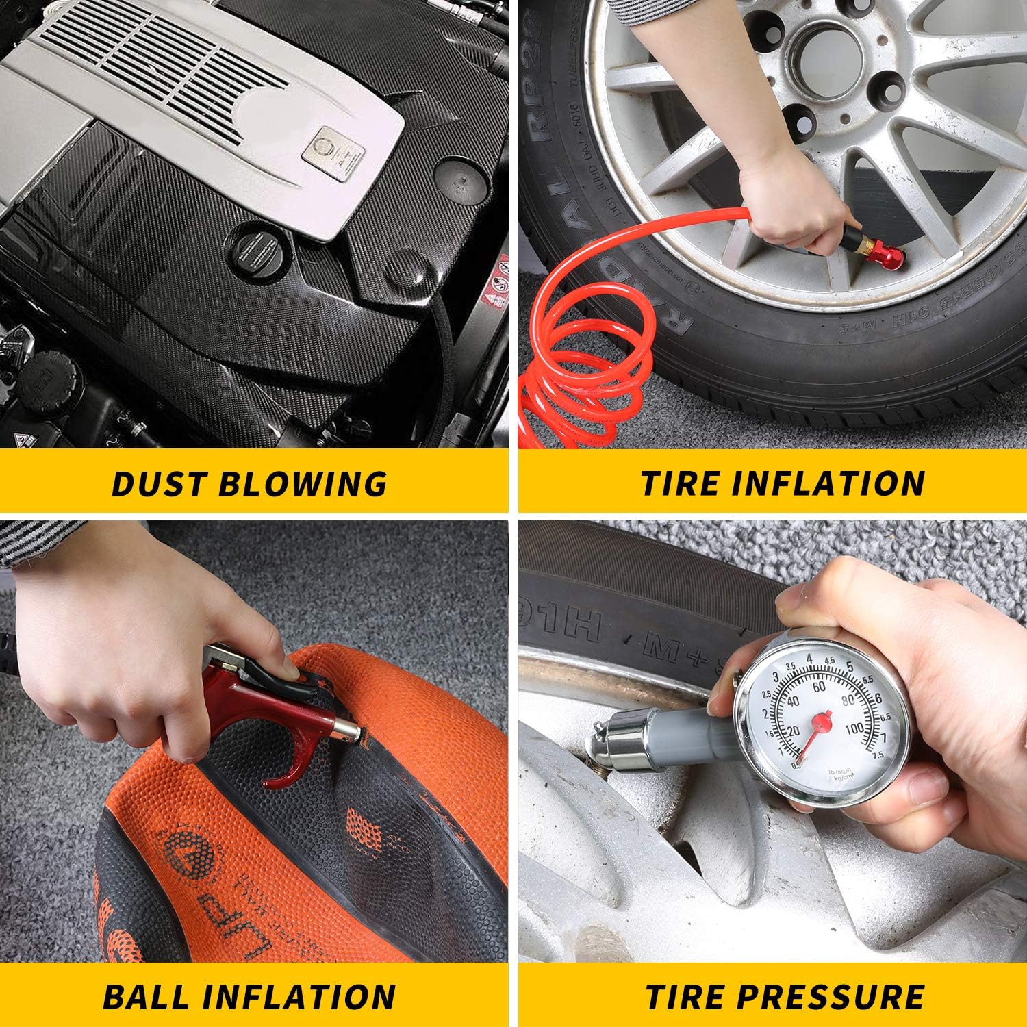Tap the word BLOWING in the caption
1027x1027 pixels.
click(x=302, y=483)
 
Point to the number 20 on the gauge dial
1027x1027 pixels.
click(x=793, y=731)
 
